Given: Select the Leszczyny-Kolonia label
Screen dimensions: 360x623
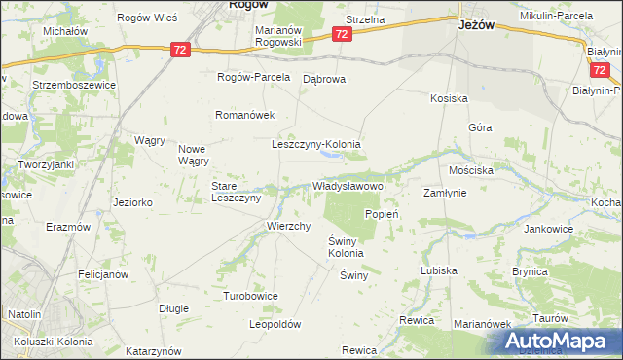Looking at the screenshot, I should click(315, 144).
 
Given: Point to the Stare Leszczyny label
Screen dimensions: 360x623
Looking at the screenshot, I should click(237, 191).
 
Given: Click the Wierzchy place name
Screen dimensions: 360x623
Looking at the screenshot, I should click(288, 226).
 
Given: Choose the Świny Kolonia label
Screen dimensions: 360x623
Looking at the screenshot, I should click(346, 247).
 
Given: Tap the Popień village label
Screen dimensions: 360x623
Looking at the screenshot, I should click(384, 214).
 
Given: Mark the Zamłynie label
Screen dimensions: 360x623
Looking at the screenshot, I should click(445, 193).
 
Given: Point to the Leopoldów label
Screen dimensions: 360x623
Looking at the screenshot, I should click(275, 325).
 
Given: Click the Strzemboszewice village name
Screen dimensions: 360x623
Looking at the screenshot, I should click(74, 85).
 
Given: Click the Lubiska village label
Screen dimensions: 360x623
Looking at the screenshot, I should click(438, 271).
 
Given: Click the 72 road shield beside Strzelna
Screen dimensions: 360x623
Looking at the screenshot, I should click(341, 34).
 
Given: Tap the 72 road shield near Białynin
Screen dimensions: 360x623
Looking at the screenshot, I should click(600, 71).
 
